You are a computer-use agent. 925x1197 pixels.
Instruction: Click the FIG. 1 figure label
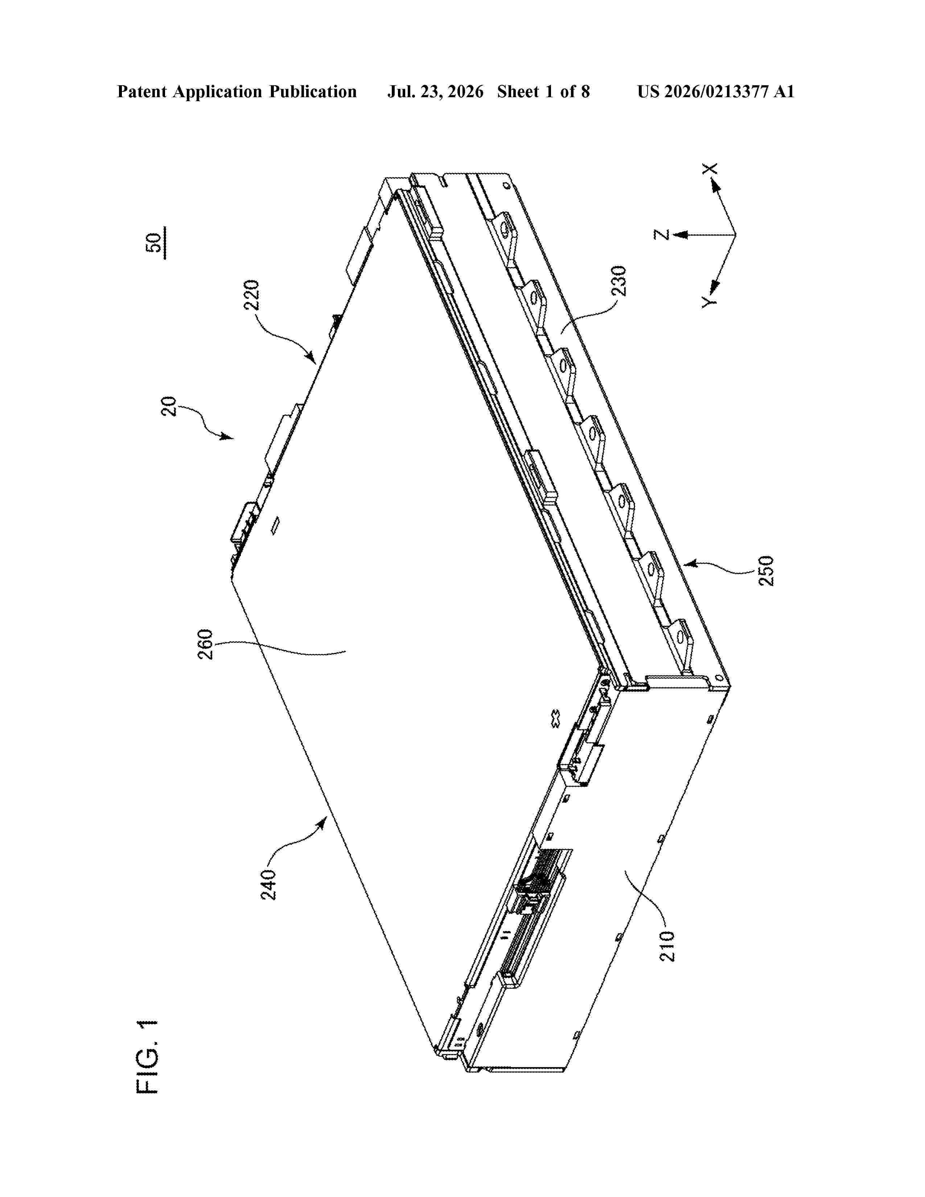147,1057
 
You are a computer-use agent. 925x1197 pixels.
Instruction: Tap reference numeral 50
155,243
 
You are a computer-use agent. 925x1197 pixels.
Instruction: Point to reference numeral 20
169,406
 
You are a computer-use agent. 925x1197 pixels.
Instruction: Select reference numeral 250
766,571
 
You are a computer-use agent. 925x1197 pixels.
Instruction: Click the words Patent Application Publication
237,91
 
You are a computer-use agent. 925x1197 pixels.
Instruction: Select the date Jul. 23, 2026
436,91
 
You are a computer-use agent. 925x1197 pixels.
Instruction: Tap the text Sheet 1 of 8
544,91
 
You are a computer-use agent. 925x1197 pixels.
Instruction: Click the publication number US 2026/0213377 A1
716,91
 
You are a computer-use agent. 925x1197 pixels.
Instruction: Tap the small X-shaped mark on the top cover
555,719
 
